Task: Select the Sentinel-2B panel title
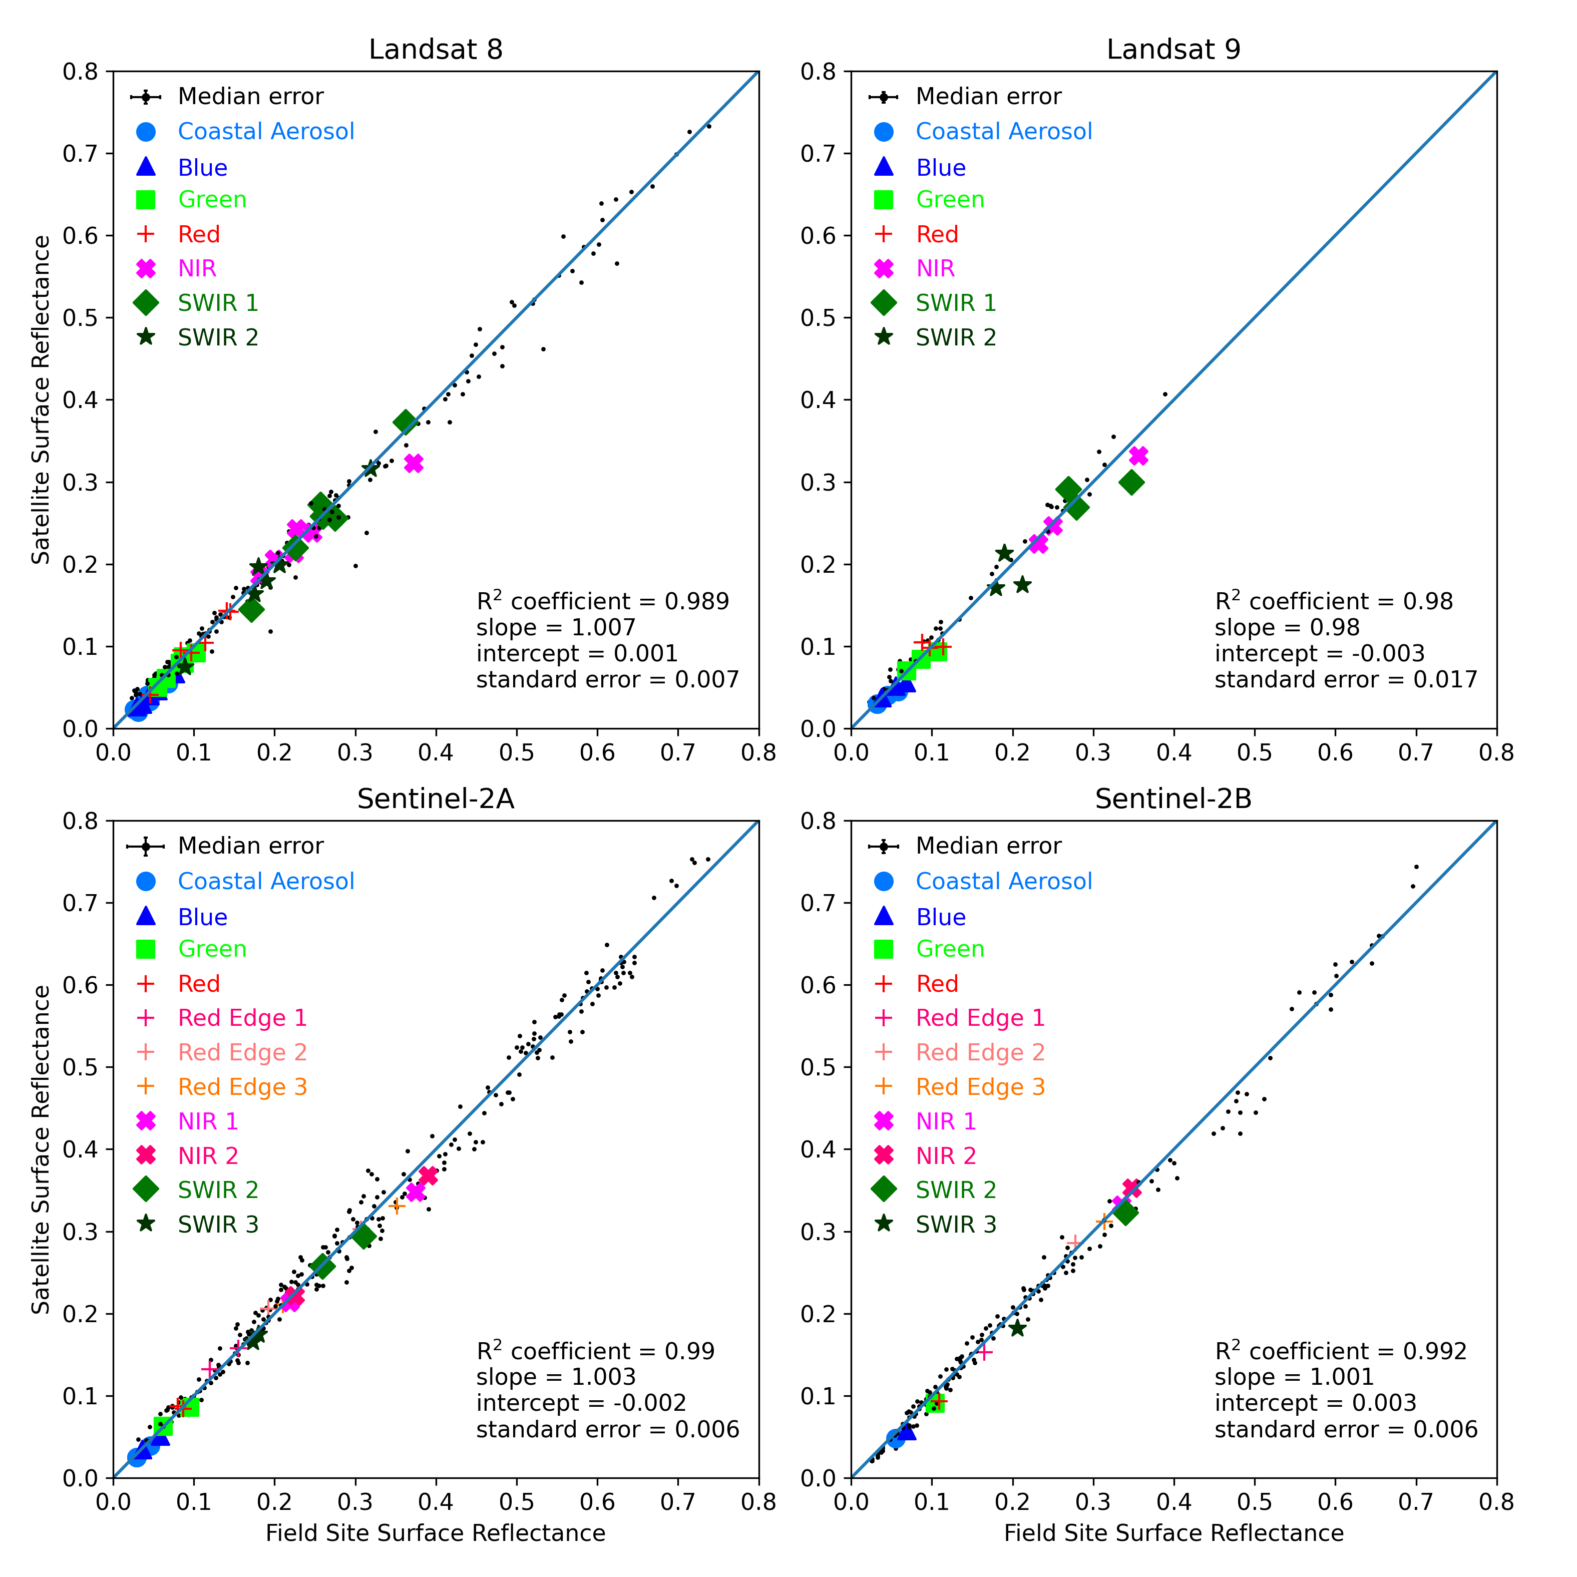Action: pyautogui.click(x=1173, y=799)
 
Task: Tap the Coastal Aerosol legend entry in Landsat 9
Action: pyautogui.click(x=1003, y=131)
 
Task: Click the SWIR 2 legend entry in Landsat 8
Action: pyautogui.click(x=218, y=337)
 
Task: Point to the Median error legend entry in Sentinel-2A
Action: pyautogui.click(x=250, y=846)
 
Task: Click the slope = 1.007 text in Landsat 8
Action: pyautogui.click(x=555, y=628)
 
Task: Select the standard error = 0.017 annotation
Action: pyautogui.click(x=1345, y=680)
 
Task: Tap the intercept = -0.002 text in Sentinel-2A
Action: pyautogui.click(x=581, y=1403)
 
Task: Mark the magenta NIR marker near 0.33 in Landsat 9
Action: pyautogui.click(x=1138, y=456)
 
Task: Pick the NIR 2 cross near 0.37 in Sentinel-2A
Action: pyautogui.click(x=428, y=1176)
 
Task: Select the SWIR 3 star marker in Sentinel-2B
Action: pyautogui.click(x=1017, y=1329)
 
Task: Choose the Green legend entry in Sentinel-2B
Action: pyautogui.click(x=949, y=949)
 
